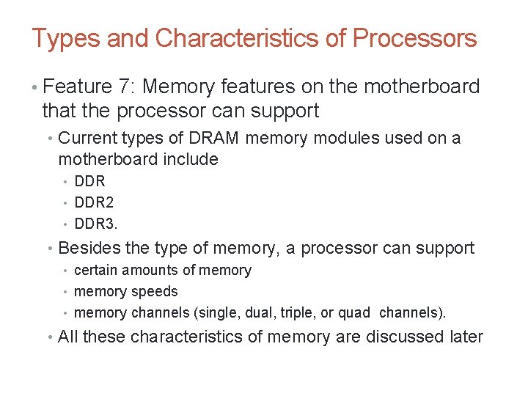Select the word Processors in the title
pos(414,38)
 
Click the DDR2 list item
pos(95,202)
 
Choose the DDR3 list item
pos(96,223)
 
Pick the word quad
pos(355,313)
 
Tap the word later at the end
pos(464,337)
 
